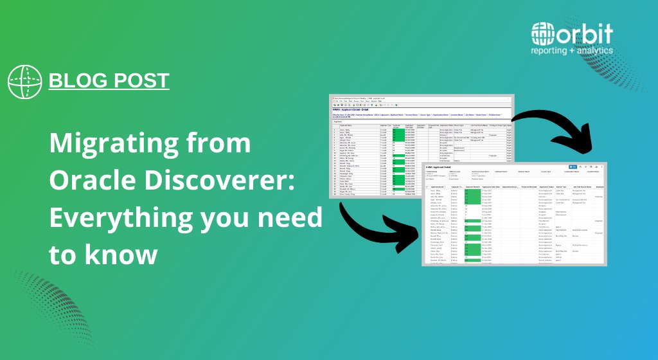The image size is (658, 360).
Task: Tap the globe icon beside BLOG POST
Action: pos(24,82)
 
